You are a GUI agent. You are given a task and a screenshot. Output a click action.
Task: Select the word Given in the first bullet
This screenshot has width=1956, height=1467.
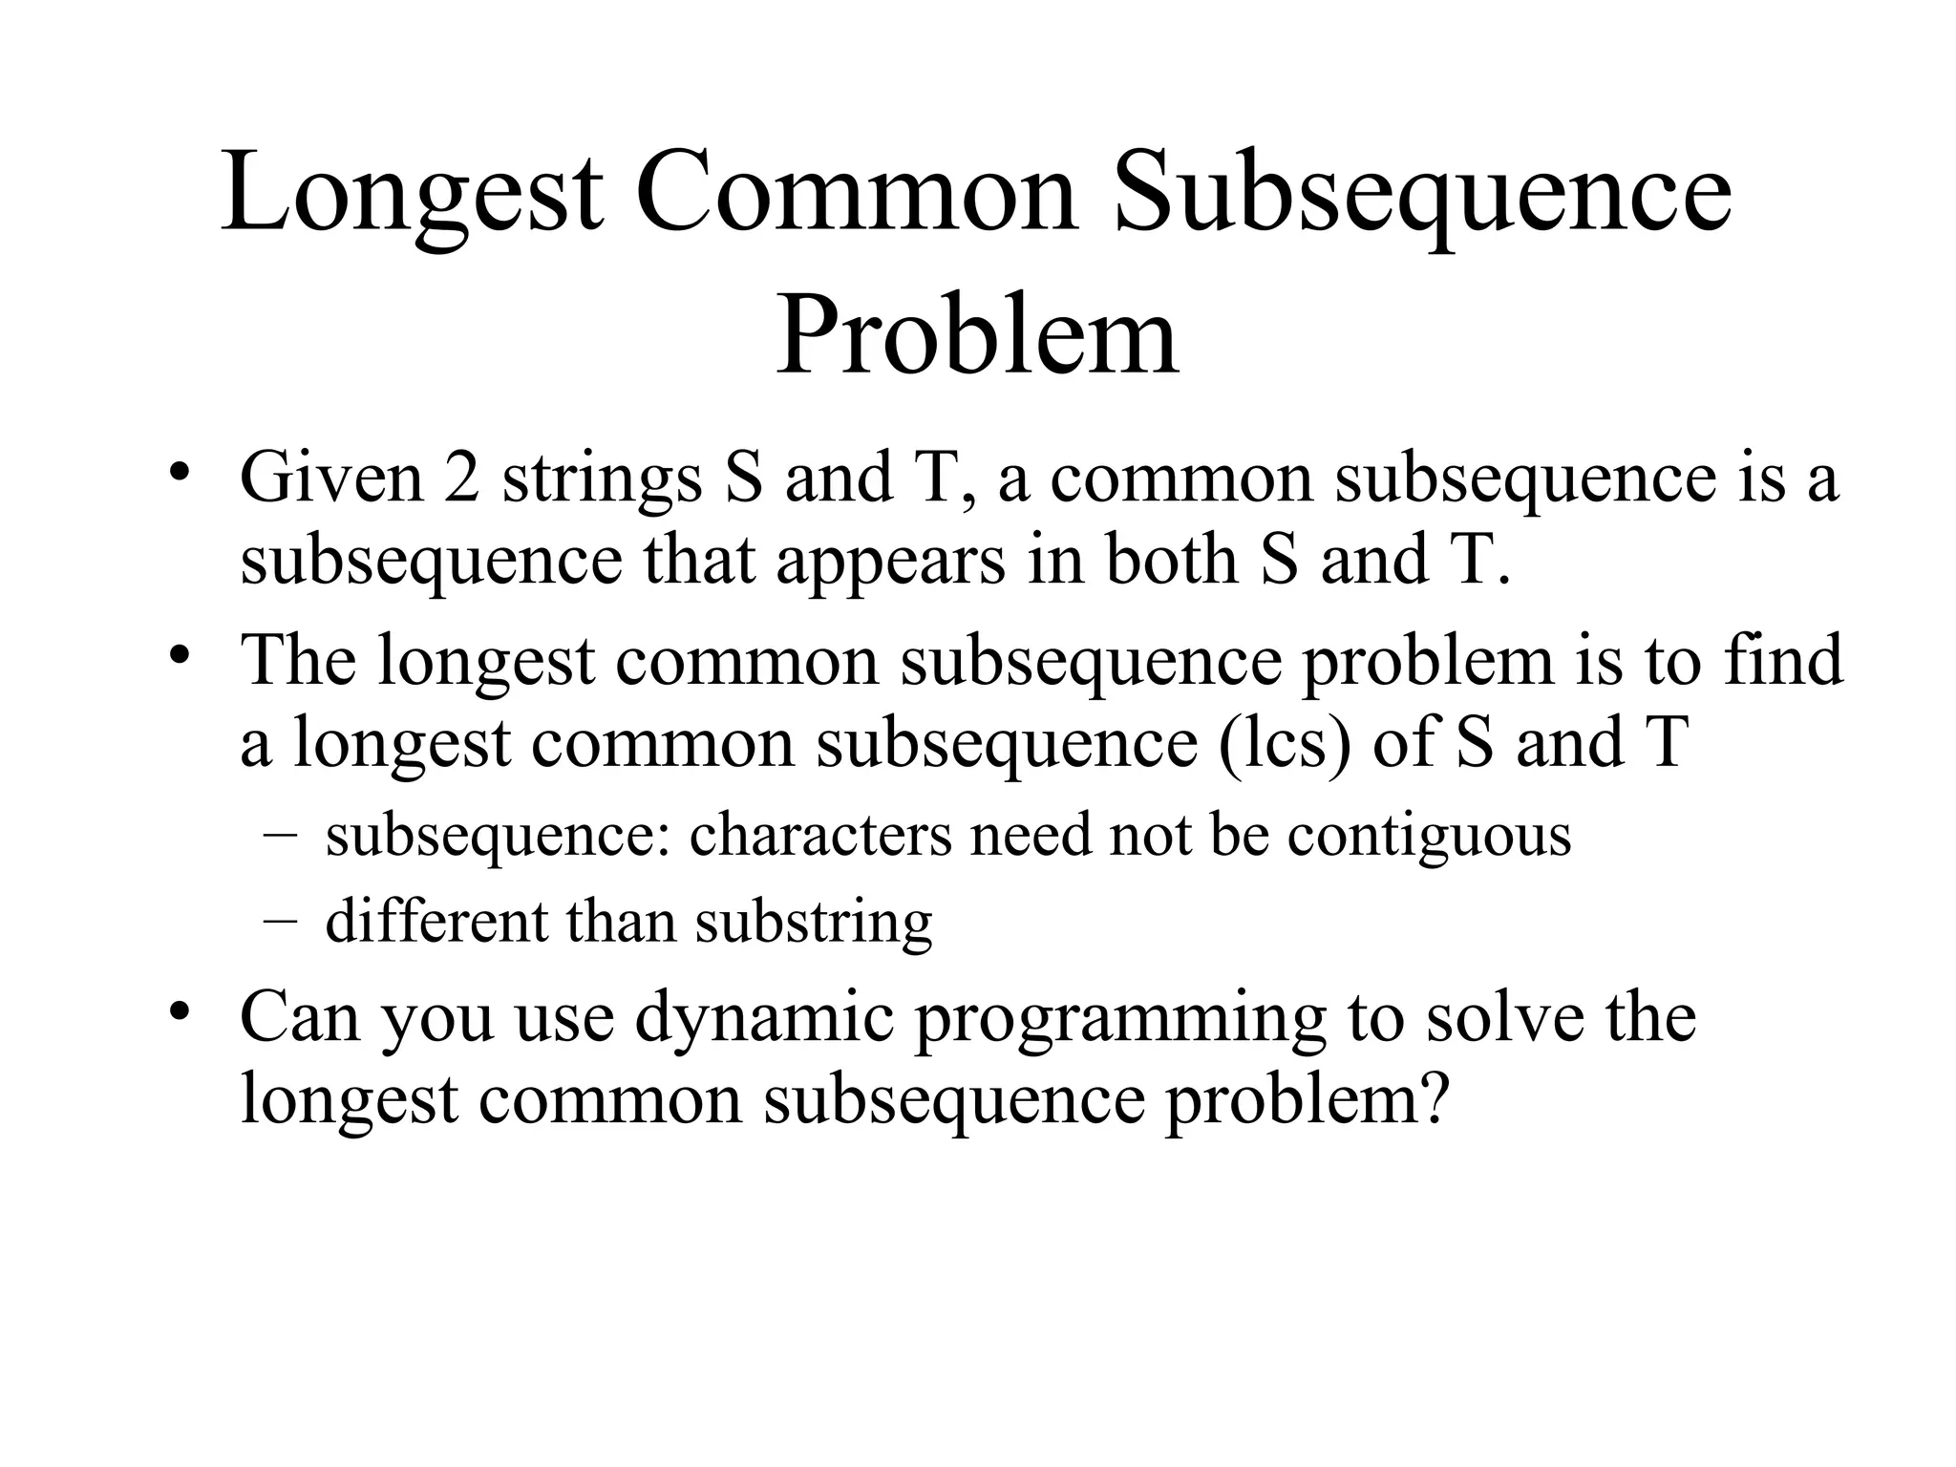[330, 478]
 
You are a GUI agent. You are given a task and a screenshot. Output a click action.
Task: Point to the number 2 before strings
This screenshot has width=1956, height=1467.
[461, 478]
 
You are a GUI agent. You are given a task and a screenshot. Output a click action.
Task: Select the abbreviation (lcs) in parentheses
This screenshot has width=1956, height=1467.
[1286, 743]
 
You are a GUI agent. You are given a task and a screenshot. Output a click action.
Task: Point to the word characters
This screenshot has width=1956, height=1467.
[820, 836]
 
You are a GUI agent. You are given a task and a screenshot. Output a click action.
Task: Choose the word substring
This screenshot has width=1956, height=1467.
[813, 924]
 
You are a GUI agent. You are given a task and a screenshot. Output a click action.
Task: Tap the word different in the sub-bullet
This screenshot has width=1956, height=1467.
[436, 922]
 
